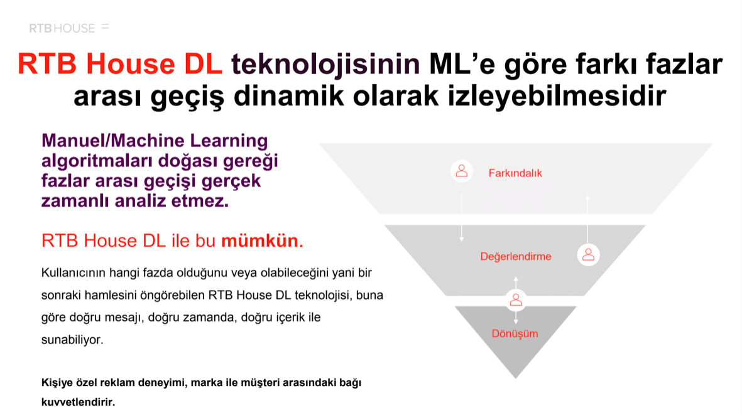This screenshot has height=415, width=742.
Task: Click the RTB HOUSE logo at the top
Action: pos(69,28)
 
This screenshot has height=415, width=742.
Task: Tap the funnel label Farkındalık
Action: pos(515,173)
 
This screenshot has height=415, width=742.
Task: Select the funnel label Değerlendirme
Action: pos(516,257)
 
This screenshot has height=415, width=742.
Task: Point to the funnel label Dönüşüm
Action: pos(515,334)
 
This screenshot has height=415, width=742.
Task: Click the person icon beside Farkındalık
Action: pos(462,171)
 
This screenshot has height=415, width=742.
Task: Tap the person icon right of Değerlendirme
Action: pos(588,256)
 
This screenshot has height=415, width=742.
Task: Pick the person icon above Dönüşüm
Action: pos(516,300)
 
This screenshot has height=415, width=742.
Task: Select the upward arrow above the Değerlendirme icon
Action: pos(587,219)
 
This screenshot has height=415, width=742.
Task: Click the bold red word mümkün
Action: pos(260,240)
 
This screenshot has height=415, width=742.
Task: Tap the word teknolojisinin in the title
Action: pos(325,63)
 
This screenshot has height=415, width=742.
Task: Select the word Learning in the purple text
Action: pos(229,141)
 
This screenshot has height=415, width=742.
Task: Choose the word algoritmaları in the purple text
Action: pos(97,161)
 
